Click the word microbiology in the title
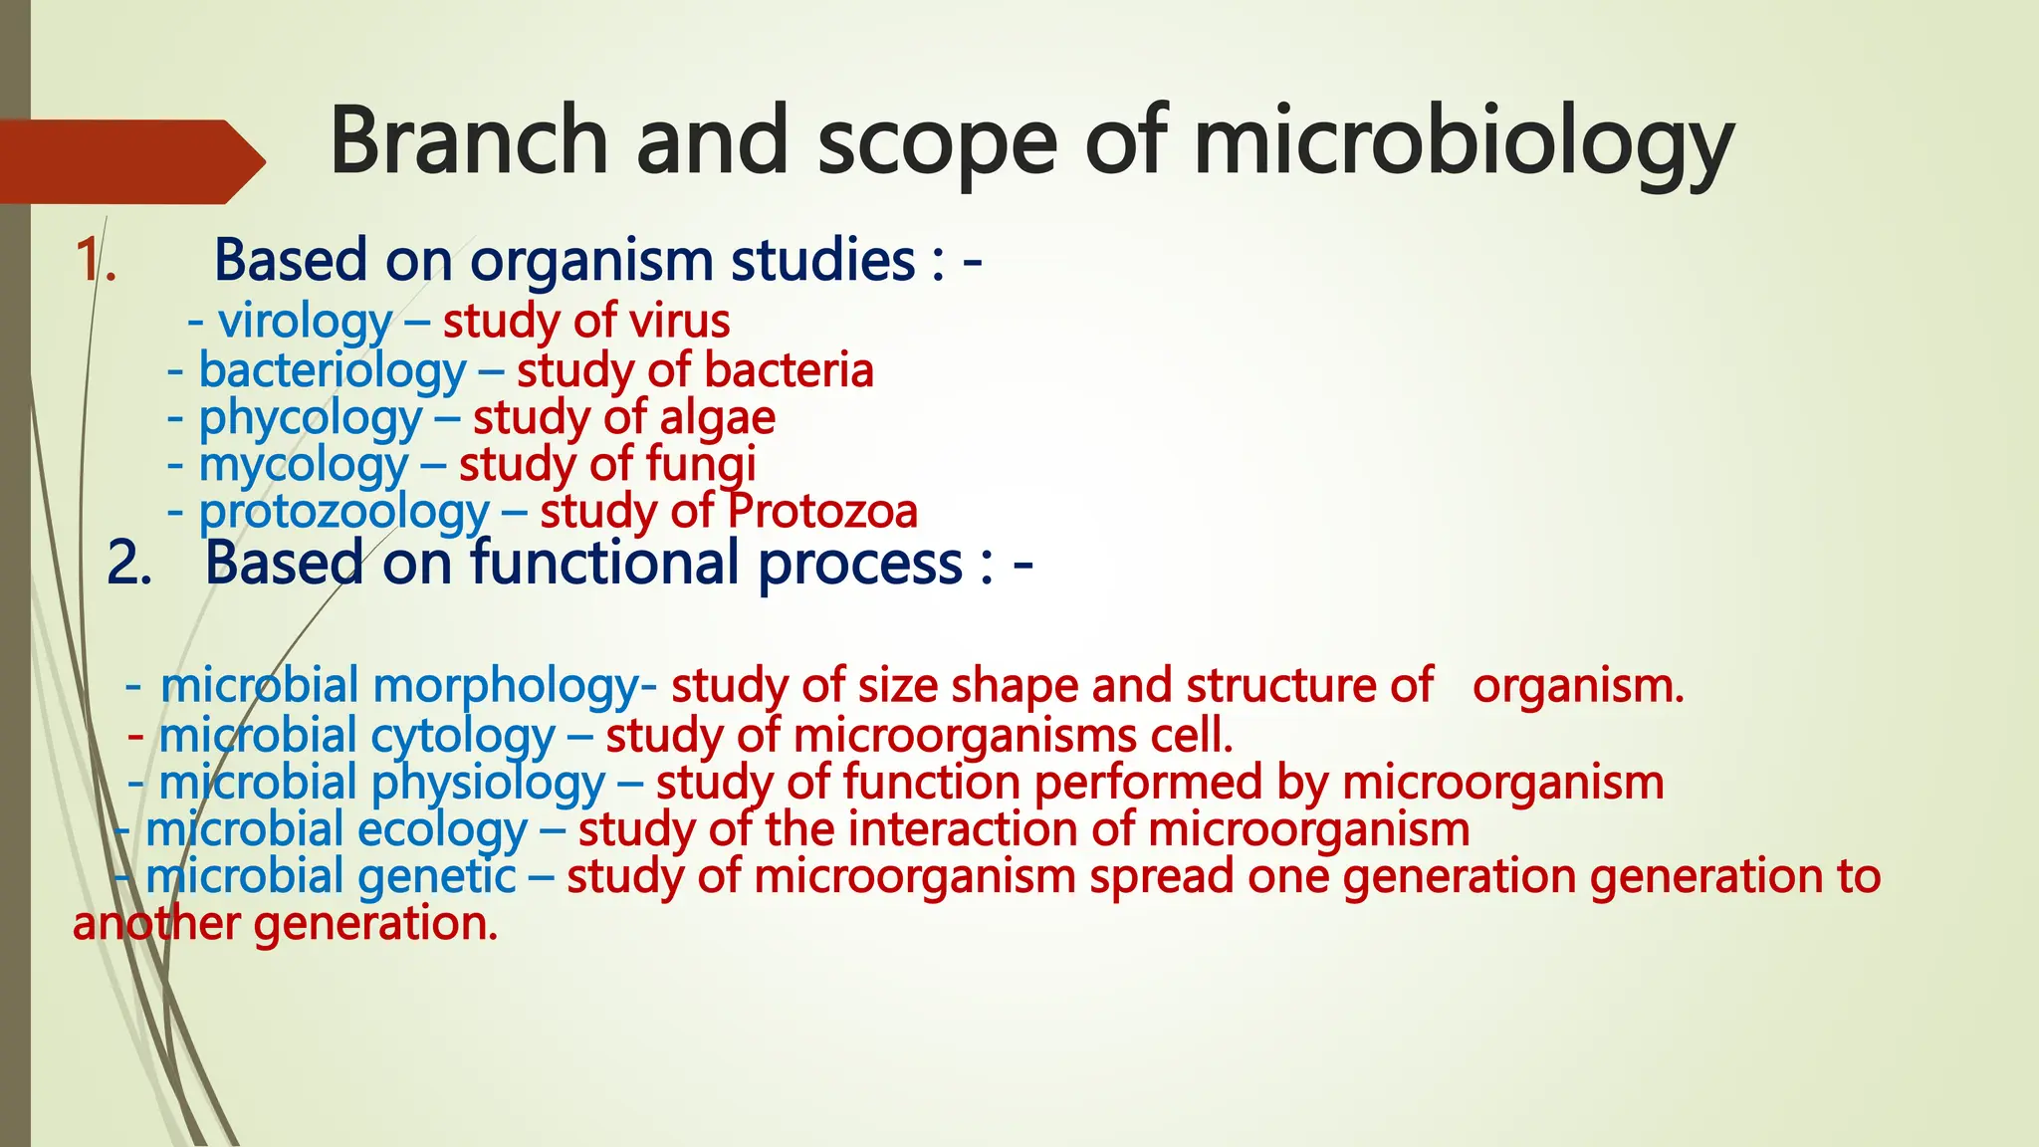1464,144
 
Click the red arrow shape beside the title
129,161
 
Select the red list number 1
95,261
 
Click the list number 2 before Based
128,564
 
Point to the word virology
305,322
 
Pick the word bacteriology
332,370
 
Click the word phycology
311,418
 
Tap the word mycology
303,465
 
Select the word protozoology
343,512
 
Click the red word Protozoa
822,512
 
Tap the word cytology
463,737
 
